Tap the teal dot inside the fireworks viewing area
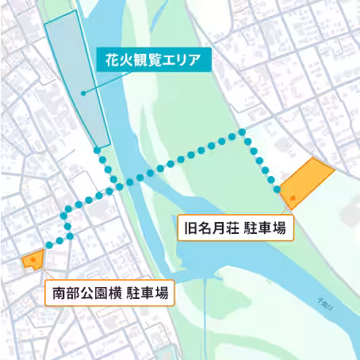[82, 94]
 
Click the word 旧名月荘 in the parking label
[207, 230]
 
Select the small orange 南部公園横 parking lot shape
[33, 259]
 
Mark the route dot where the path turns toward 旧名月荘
[241, 131]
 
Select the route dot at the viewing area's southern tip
[97, 149]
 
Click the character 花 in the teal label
[105, 59]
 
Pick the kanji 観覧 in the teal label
[141, 59]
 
